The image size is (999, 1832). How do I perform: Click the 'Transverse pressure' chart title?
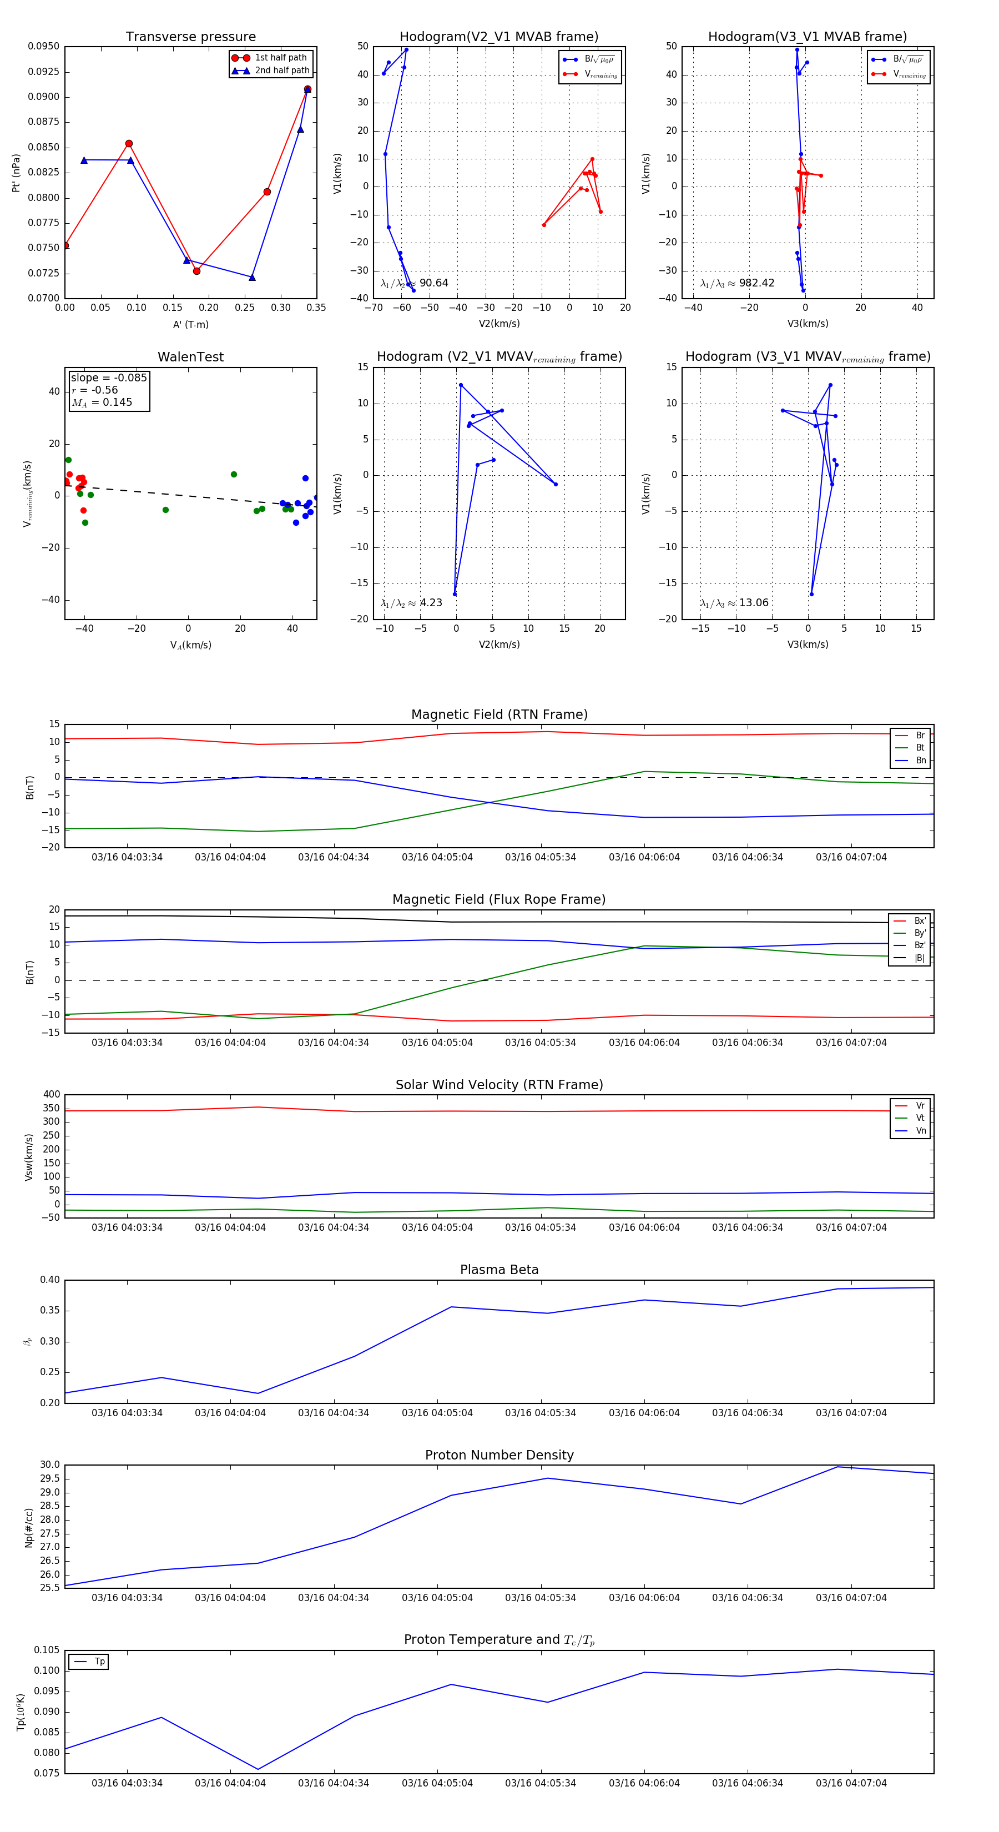(x=190, y=37)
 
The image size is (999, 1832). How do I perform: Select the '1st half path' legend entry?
(x=280, y=58)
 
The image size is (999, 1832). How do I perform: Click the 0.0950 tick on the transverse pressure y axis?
(x=43, y=46)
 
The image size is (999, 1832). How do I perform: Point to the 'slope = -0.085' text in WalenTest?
(x=109, y=378)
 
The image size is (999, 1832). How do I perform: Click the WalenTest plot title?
(x=190, y=357)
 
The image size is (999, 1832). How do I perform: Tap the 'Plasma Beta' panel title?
(x=499, y=1270)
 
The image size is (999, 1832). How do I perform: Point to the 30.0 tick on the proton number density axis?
(x=50, y=1465)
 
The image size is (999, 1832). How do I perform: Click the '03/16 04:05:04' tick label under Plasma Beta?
(x=437, y=1413)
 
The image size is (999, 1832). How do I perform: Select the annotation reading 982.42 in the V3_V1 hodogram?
(x=756, y=283)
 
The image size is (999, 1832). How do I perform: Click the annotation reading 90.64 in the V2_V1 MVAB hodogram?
(x=433, y=283)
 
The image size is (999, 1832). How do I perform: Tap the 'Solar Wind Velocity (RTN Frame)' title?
(x=499, y=1085)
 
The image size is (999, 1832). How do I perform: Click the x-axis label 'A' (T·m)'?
(x=190, y=325)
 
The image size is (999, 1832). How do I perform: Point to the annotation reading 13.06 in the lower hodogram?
(x=754, y=603)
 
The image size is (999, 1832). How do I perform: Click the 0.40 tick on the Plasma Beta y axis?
(x=50, y=1280)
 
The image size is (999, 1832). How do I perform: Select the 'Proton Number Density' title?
(x=499, y=1455)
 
